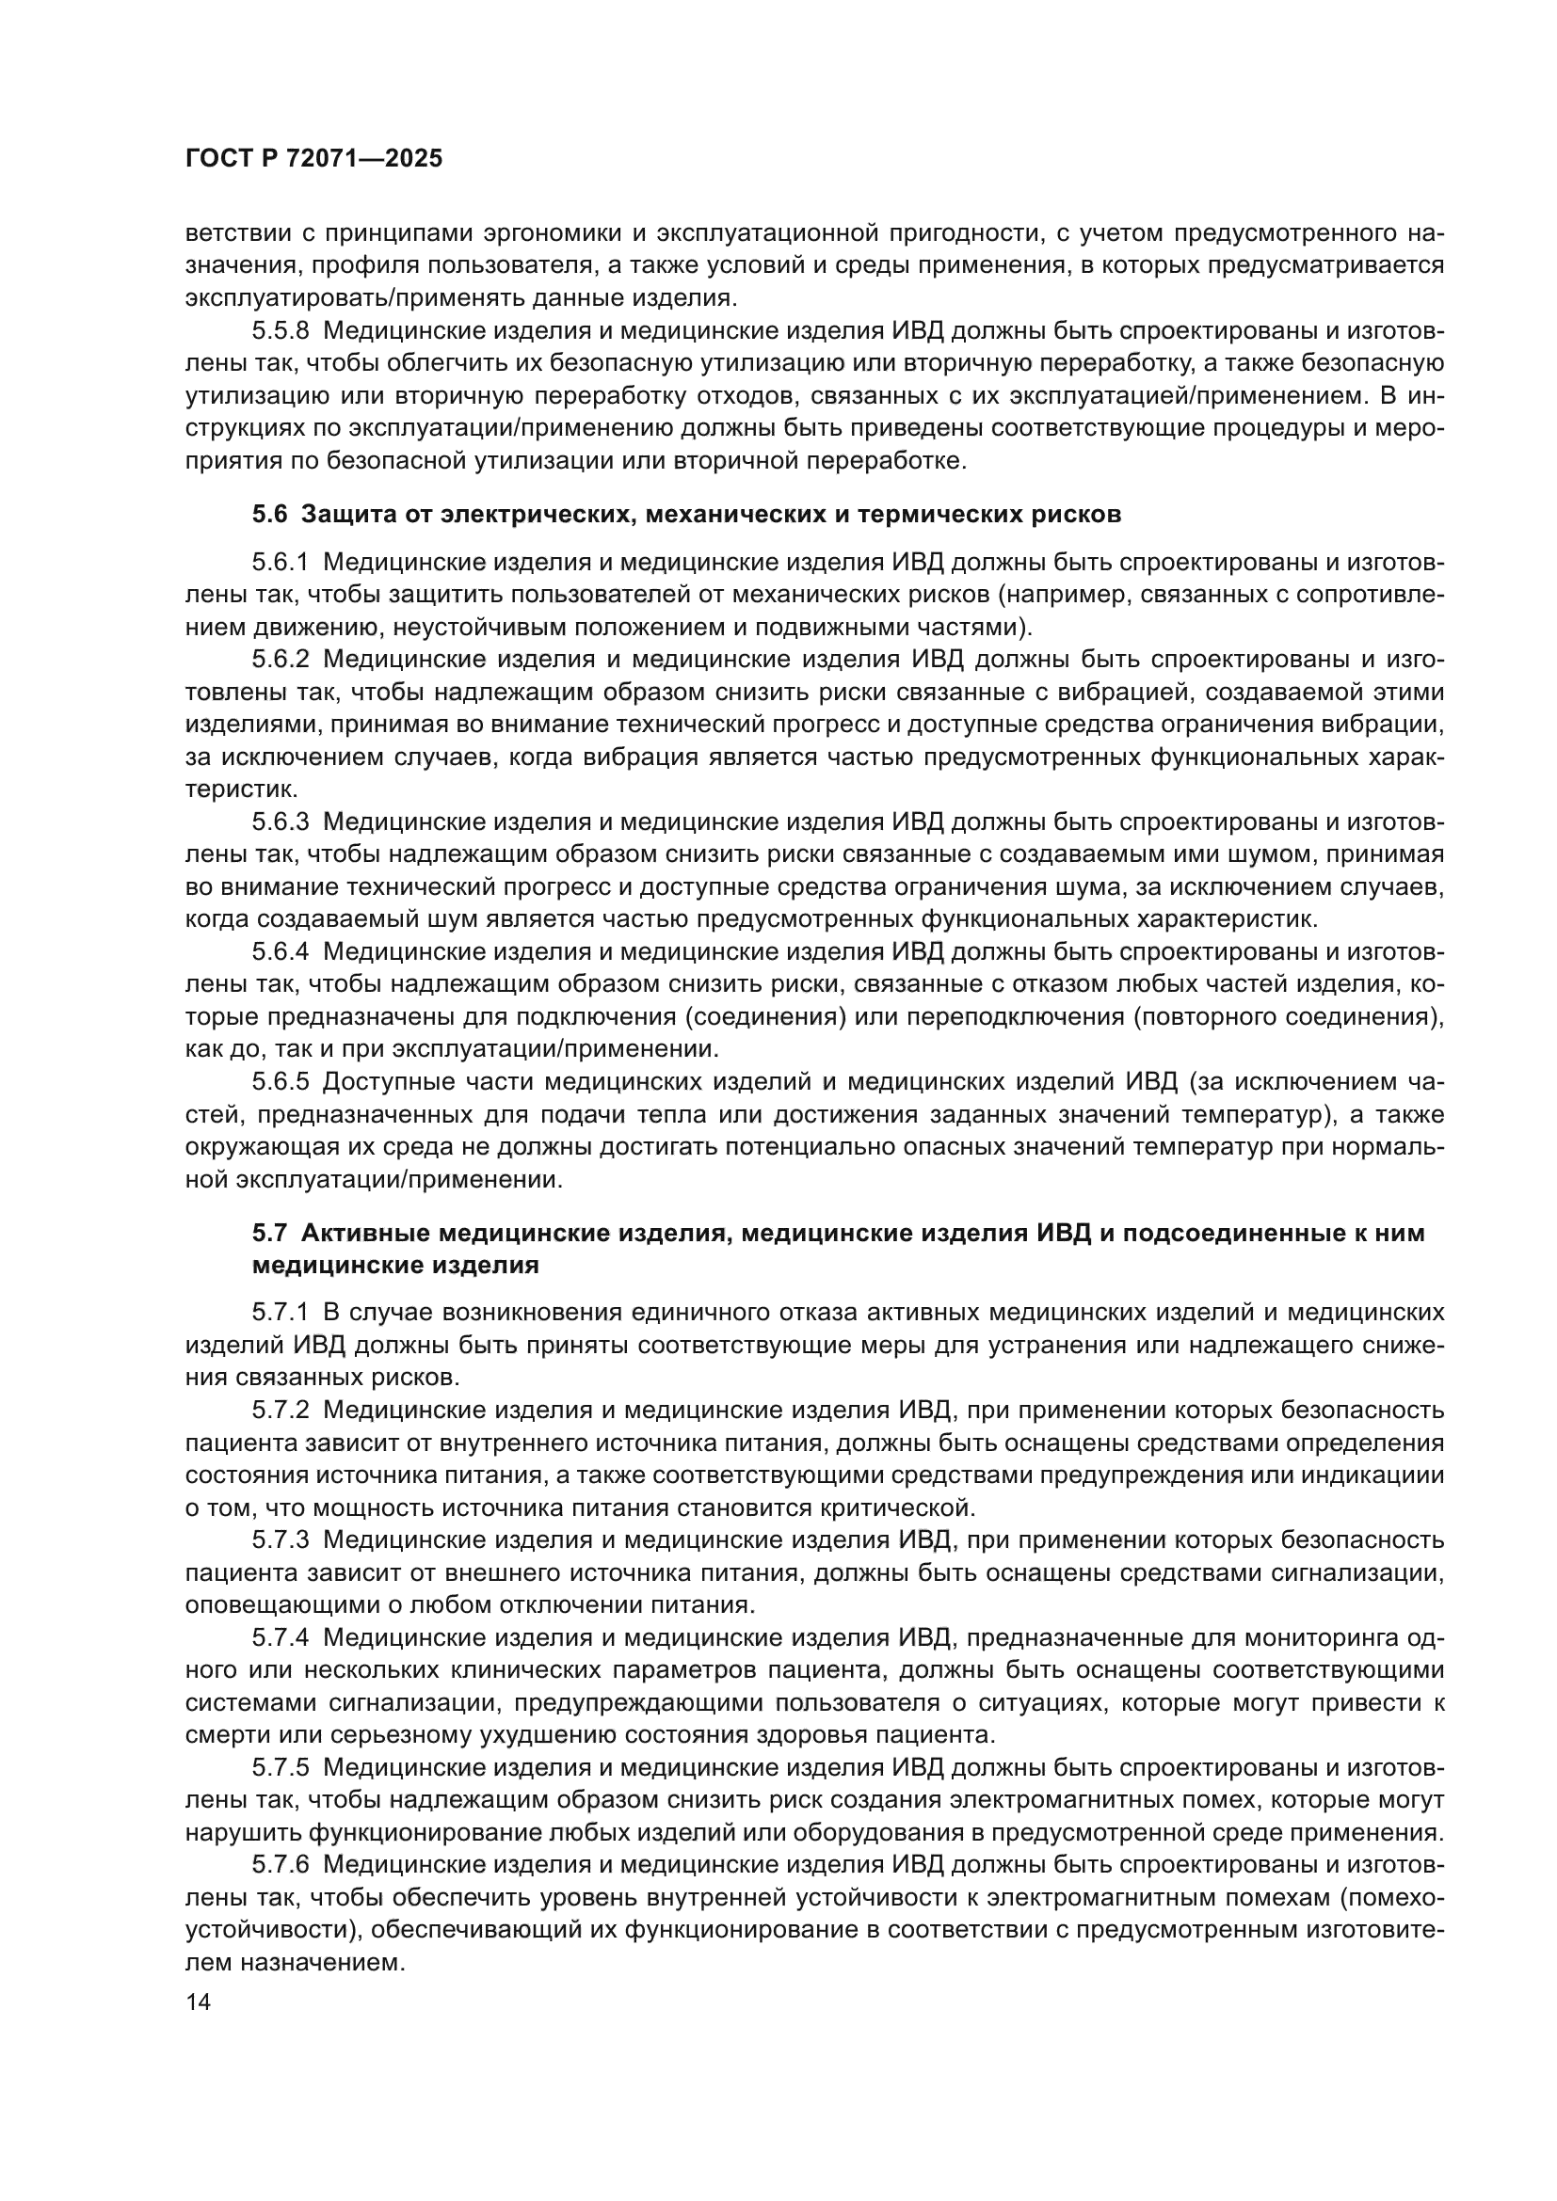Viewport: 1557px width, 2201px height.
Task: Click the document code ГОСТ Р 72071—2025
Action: [x=313, y=159]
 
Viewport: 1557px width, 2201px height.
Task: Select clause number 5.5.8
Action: [x=281, y=331]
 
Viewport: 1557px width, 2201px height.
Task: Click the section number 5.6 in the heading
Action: [x=269, y=515]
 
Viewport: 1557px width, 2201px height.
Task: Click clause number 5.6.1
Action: [x=281, y=563]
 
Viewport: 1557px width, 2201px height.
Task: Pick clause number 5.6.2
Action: [x=281, y=660]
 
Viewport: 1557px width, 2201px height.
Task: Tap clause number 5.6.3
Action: [x=281, y=821]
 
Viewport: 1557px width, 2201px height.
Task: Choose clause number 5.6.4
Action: [x=281, y=952]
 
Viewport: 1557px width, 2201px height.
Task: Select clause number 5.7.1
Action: [x=281, y=1312]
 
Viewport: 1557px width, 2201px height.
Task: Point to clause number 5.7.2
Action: [x=281, y=1410]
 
